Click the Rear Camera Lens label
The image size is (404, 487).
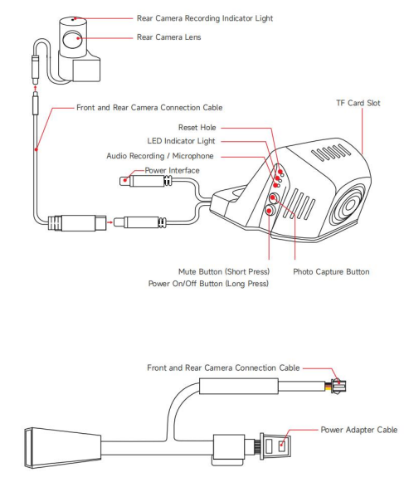point(168,37)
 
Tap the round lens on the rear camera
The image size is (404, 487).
point(71,39)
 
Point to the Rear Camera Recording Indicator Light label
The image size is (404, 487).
point(205,18)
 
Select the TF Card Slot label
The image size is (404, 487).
point(358,103)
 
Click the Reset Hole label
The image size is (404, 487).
point(197,127)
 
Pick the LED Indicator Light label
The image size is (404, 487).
point(181,141)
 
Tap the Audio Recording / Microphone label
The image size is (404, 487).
point(160,156)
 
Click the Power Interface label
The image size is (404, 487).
point(172,171)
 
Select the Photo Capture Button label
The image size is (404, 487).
point(331,272)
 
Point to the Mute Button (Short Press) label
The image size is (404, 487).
point(224,272)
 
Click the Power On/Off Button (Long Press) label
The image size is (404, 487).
point(208,284)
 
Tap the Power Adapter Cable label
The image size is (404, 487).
point(359,430)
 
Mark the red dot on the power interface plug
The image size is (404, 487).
point(125,180)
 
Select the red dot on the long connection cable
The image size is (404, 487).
point(37,149)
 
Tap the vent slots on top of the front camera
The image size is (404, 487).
point(330,152)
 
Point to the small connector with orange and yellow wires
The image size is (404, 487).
point(337,386)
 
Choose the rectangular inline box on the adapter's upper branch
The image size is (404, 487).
point(238,386)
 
